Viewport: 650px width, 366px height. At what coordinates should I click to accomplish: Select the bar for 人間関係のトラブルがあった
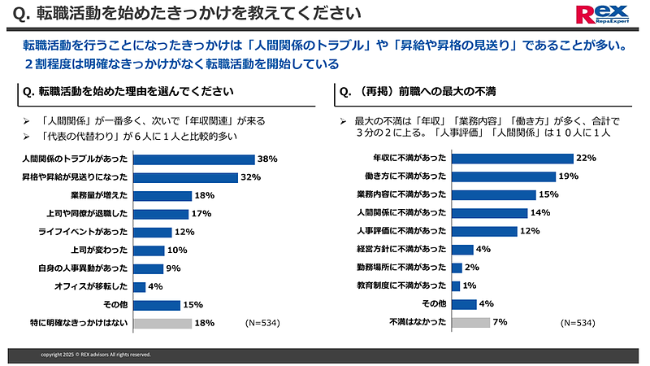[193, 159]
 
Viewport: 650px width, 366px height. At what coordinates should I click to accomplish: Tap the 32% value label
[249, 177]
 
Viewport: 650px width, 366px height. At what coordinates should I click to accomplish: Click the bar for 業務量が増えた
[162, 196]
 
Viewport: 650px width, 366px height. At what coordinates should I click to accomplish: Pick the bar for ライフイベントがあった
[151, 233]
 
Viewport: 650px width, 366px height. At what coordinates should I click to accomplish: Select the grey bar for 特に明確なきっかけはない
[162, 323]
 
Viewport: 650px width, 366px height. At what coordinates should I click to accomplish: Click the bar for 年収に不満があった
[512, 159]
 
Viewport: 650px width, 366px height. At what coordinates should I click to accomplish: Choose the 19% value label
[568, 176]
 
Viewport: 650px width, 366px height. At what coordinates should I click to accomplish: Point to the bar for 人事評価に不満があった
[484, 231]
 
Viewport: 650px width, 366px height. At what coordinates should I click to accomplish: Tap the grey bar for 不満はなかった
[470, 322]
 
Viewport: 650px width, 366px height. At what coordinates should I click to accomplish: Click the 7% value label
[500, 322]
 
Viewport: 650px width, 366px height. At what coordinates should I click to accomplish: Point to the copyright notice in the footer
[96, 355]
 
